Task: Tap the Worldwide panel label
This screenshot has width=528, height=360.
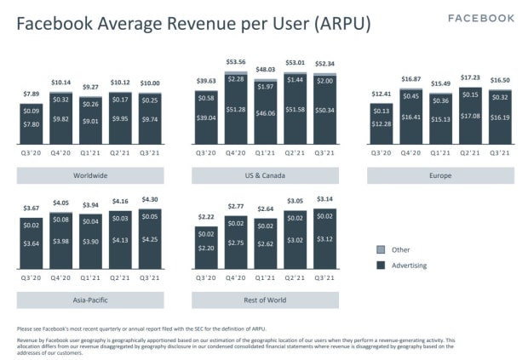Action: (x=90, y=176)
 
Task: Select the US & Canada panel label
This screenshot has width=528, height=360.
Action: (x=265, y=176)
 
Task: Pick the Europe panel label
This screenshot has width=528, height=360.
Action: (x=440, y=176)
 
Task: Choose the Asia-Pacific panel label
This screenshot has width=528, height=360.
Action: (x=90, y=300)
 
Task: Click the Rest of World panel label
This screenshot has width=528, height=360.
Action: (x=265, y=300)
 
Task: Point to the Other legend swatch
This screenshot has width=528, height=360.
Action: (x=381, y=249)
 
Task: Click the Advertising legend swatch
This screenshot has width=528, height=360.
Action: (x=381, y=266)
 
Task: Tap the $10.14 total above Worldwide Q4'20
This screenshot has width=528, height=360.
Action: (x=61, y=83)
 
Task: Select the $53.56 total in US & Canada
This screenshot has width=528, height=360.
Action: (x=236, y=62)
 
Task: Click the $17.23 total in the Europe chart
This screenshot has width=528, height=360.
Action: (x=469, y=78)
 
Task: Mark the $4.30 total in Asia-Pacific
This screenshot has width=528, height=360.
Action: (x=149, y=199)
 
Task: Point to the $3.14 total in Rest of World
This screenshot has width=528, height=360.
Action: (x=324, y=200)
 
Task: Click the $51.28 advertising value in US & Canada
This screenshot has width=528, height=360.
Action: (x=236, y=110)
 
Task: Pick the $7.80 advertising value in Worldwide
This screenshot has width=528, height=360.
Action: (x=32, y=124)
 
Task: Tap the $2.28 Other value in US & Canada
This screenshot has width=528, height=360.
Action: (x=236, y=79)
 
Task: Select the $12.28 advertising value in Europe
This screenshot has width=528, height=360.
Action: (x=382, y=125)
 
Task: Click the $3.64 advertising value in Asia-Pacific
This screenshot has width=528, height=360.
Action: (x=32, y=244)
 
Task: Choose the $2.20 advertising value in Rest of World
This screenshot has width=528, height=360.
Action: (x=207, y=248)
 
